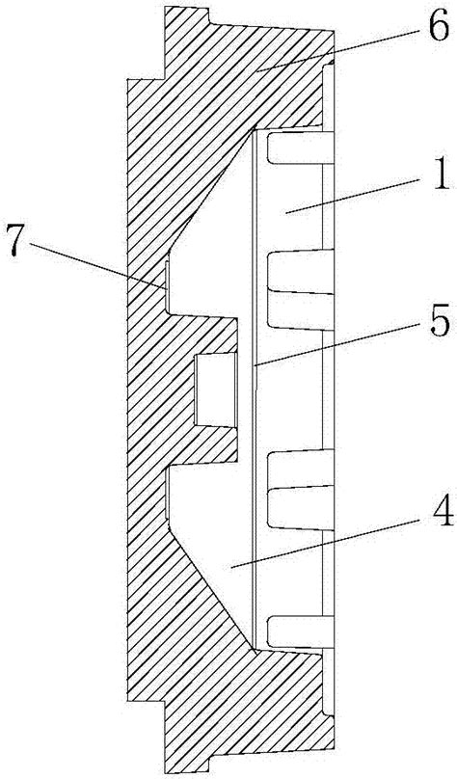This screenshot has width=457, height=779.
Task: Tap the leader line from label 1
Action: [357, 197]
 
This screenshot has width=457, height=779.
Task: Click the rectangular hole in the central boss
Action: [215, 390]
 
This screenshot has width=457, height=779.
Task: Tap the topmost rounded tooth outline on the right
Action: [300, 148]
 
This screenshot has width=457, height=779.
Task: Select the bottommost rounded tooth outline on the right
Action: [300, 632]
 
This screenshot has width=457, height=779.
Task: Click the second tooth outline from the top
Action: [300, 289]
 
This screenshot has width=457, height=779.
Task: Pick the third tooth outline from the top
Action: [300, 490]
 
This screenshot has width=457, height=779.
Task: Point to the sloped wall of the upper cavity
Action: [210, 190]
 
